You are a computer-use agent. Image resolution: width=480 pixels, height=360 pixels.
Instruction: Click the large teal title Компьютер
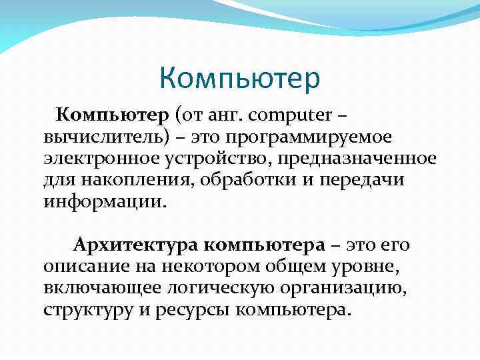pyautogui.click(x=240, y=79)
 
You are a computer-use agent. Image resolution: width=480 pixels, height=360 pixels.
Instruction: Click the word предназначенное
pyautogui.click(x=355, y=159)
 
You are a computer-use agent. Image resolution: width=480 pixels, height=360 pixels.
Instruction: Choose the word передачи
pyautogui.click(x=363, y=181)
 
